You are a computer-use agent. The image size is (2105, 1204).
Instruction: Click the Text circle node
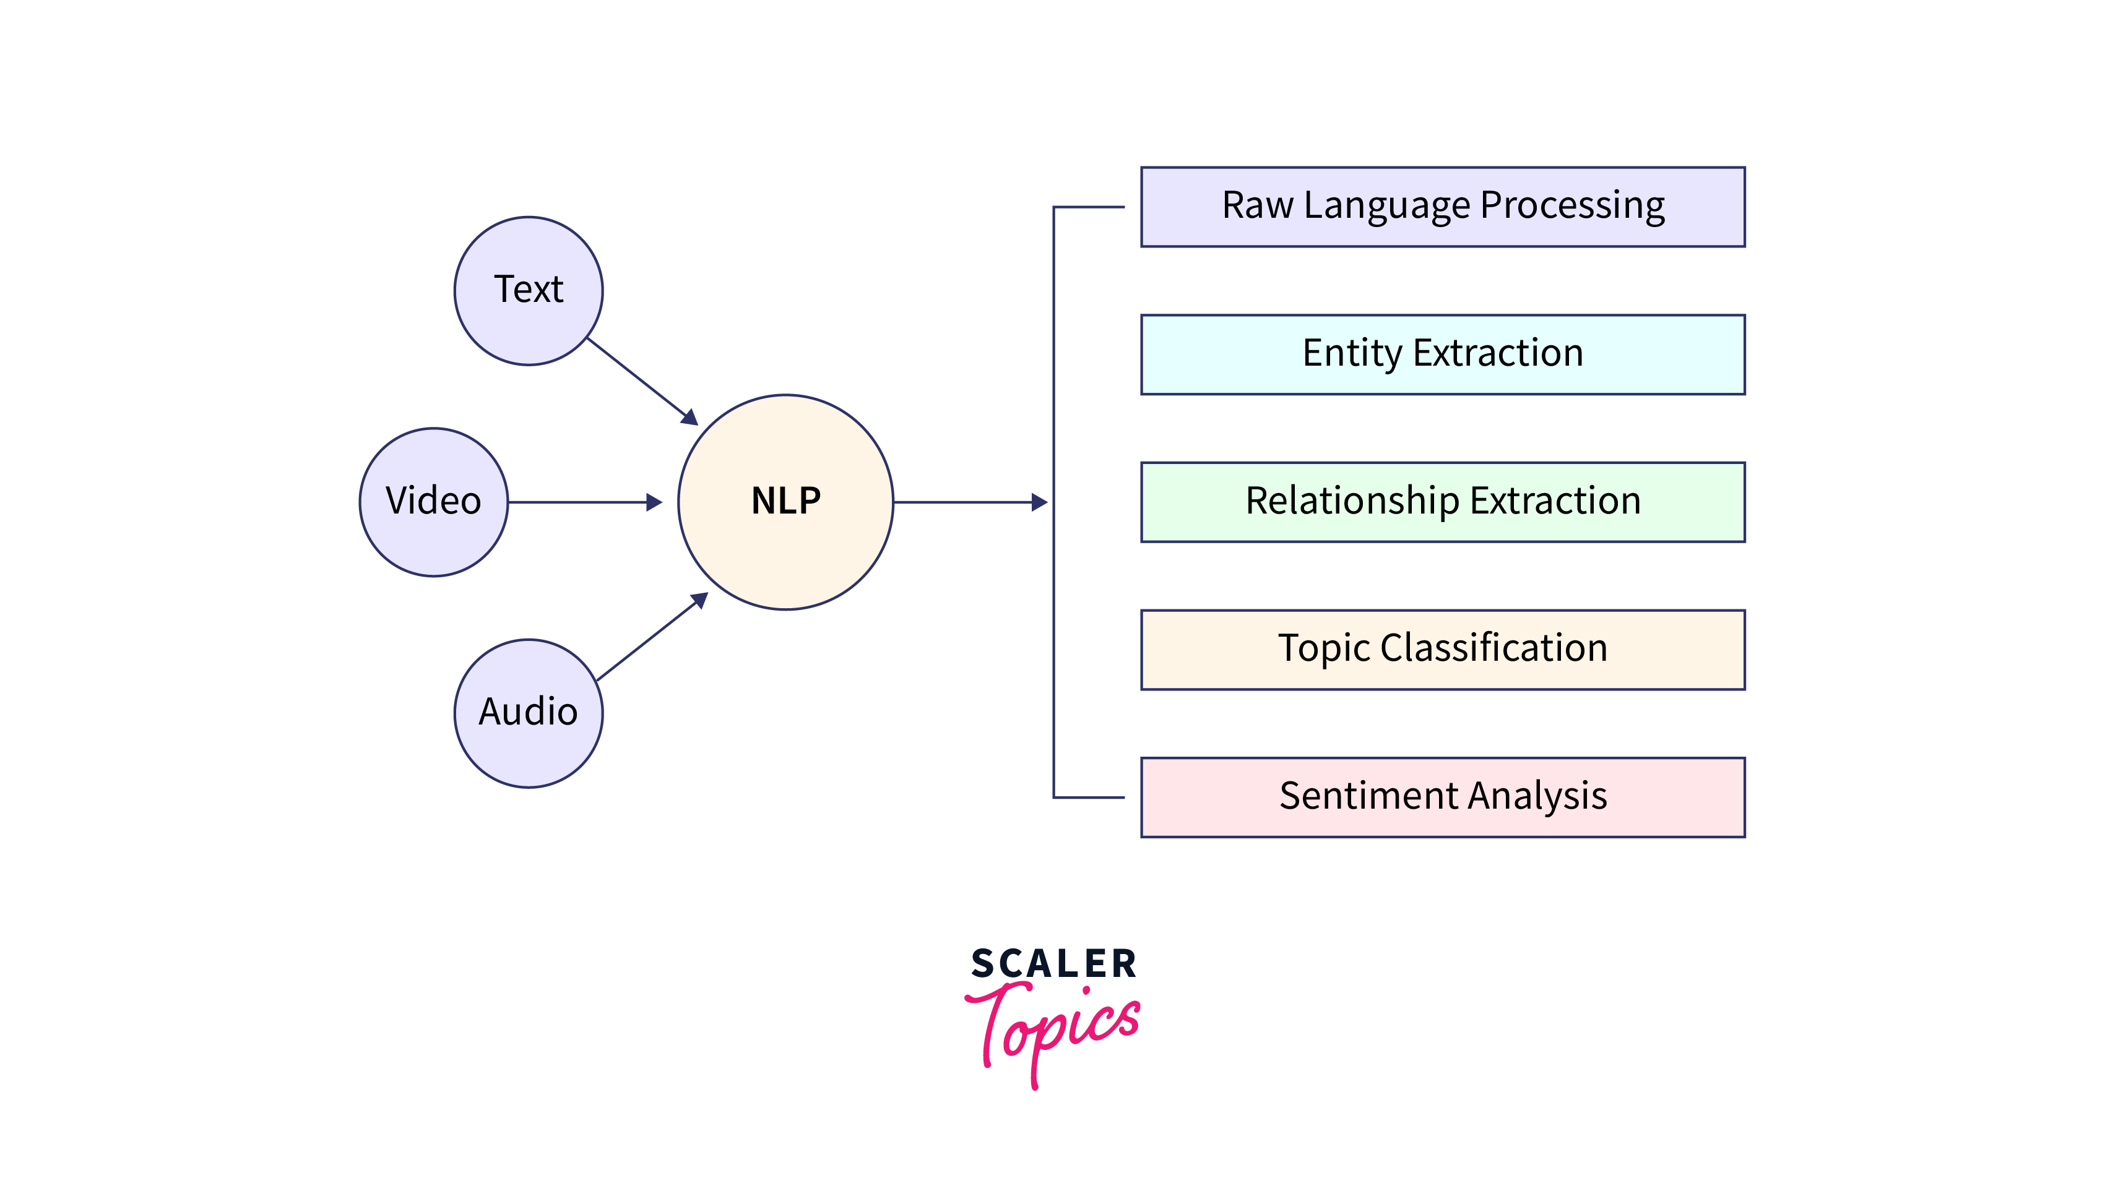point(529,290)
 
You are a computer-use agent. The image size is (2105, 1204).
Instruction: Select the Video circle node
point(433,502)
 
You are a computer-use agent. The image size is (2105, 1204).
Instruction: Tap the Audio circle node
point(529,713)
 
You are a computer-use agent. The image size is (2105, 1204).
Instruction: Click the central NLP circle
point(786,502)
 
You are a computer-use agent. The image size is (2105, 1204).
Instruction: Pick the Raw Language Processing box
point(1443,207)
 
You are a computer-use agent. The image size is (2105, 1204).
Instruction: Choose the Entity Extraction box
point(1443,354)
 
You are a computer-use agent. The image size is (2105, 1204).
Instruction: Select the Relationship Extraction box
point(1443,502)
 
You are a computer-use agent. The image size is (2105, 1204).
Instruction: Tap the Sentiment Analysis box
point(1443,797)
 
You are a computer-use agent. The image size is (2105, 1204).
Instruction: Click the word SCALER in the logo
point(1054,964)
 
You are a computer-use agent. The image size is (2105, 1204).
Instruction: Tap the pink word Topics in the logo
point(1054,1030)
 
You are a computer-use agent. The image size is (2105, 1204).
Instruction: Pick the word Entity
point(1352,355)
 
